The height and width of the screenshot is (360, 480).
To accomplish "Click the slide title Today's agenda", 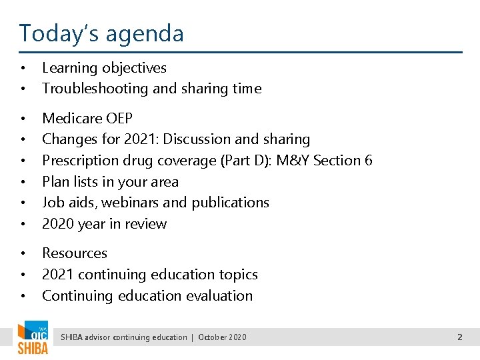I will (101, 33).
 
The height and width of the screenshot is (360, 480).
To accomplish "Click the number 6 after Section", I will (368, 161).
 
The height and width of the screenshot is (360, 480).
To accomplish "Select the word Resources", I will (75, 253).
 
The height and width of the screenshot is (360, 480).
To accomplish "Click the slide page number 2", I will (459, 337).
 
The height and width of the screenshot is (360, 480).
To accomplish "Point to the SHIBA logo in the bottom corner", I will (32, 339).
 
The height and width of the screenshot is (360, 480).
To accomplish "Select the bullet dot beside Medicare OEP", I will (23, 119).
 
